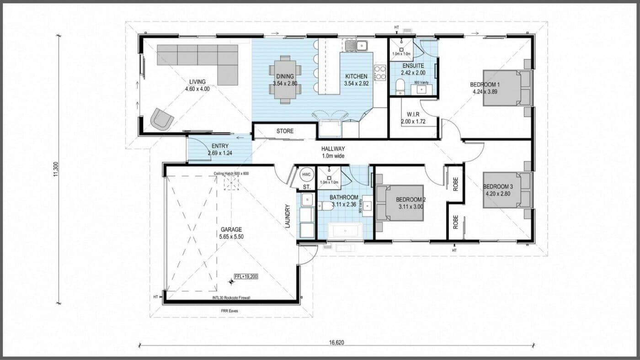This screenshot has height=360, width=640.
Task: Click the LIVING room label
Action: click(x=197, y=82)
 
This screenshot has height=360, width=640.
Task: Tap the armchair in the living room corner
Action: click(x=162, y=119)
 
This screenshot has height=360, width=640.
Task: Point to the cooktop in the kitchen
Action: click(x=380, y=72)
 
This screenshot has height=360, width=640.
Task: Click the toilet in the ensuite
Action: click(x=400, y=86)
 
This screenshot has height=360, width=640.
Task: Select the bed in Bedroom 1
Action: click(x=507, y=88)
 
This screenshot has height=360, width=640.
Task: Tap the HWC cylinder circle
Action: click(x=305, y=175)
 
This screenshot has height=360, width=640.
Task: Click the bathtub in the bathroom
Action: click(x=345, y=231)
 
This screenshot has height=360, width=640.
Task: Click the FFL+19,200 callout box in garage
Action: click(x=246, y=276)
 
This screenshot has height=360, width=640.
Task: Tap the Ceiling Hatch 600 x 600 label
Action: click(x=231, y=174)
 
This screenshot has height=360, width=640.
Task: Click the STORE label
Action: click(x=284, y=132)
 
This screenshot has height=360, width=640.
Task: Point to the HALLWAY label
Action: click(x=333, y=149)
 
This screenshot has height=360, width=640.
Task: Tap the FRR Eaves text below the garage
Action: click(x=231, y=311)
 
